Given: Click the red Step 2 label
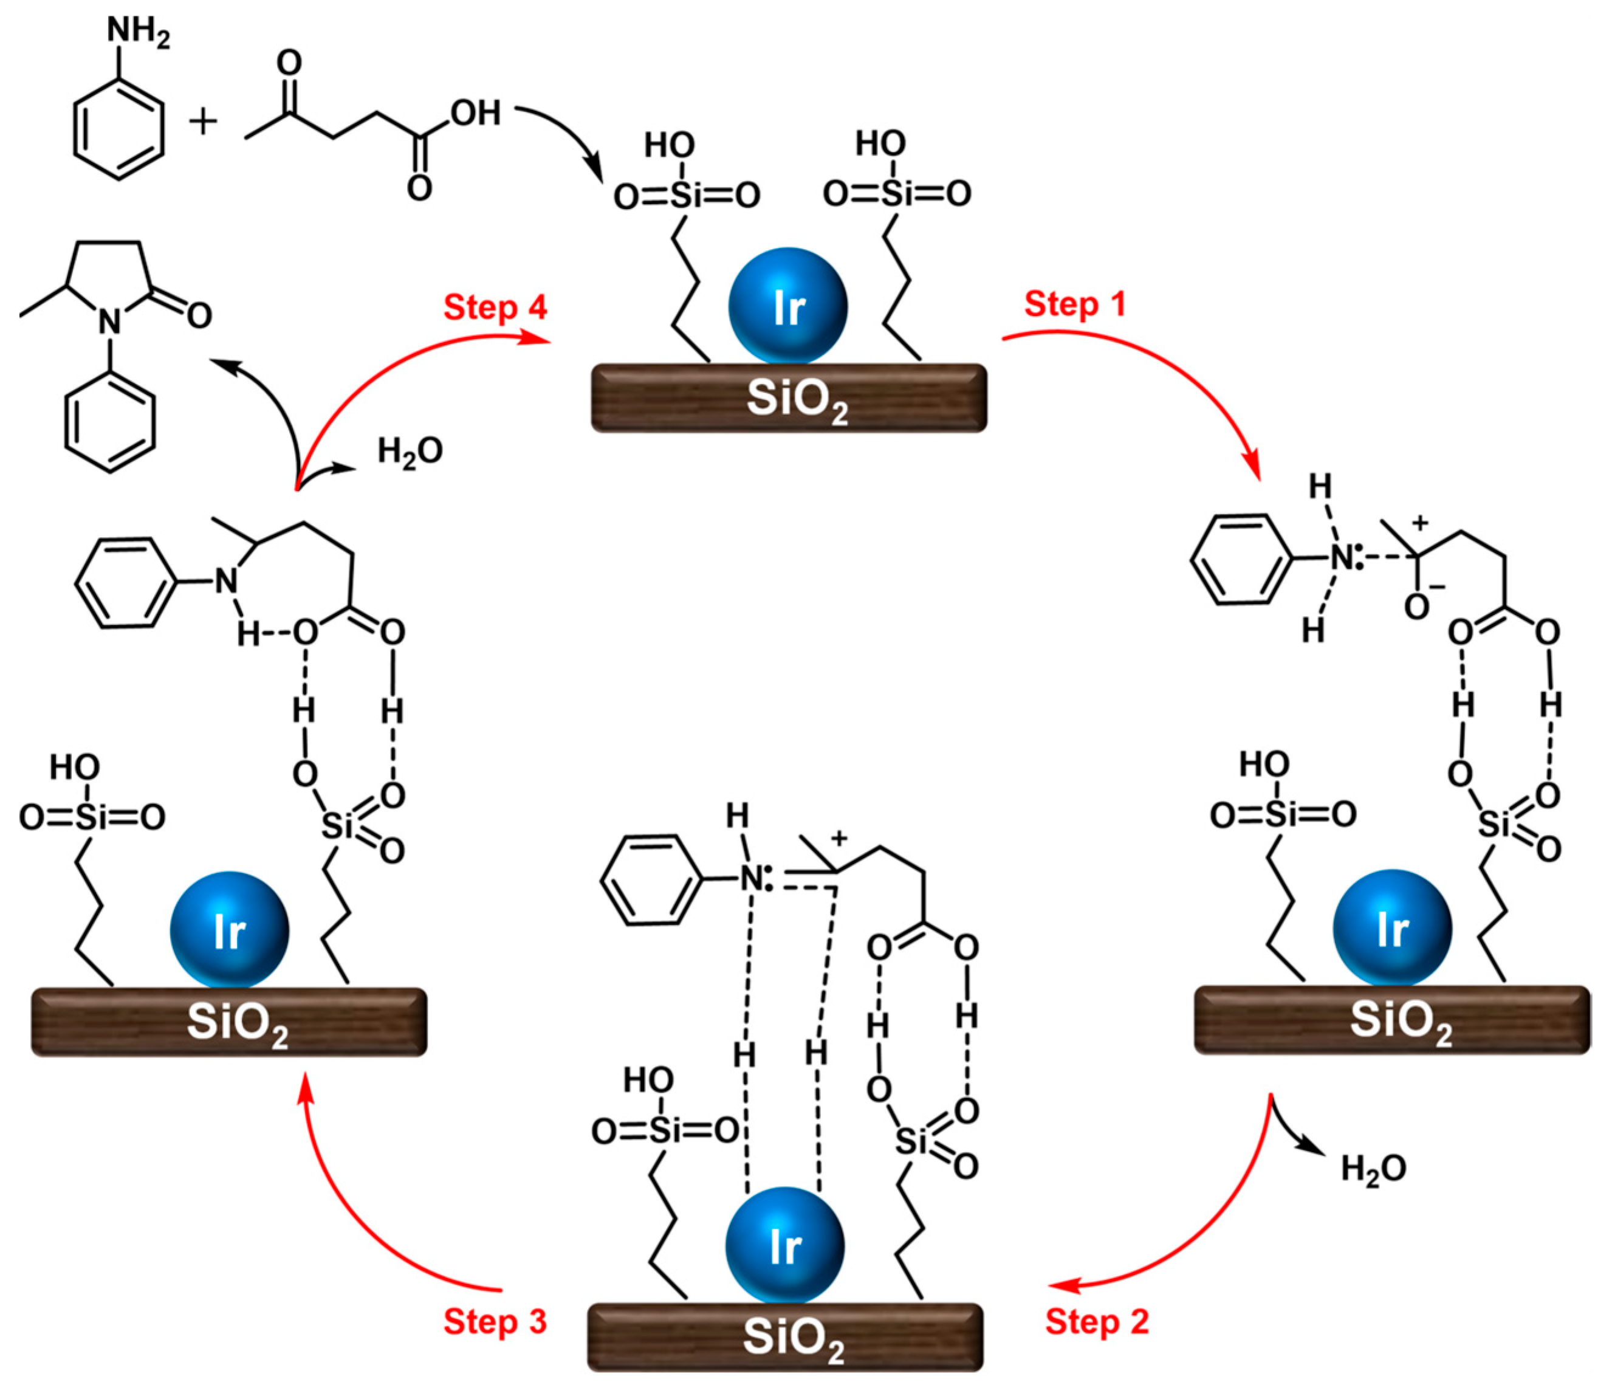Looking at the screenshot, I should click(1097, 1322).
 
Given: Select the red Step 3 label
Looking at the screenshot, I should click(495, 1322).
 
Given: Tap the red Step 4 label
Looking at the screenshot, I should click(495, 307).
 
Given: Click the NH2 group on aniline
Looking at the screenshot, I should click(137, 33).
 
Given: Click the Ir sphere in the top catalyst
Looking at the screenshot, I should click(787, 307).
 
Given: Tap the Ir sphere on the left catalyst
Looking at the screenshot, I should click(230, 930).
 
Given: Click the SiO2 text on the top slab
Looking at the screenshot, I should click(796, 400).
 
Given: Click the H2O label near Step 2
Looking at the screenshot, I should click(1373, 1169).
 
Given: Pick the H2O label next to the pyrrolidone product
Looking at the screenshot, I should click(410, 450).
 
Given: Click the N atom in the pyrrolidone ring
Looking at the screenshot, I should click(110, 321).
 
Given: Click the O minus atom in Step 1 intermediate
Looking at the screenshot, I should click(1418, 606).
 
